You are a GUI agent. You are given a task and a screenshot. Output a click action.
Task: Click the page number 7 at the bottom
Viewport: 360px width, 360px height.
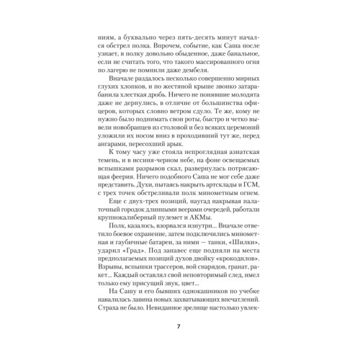pyautogui.click(x=179, y=328)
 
